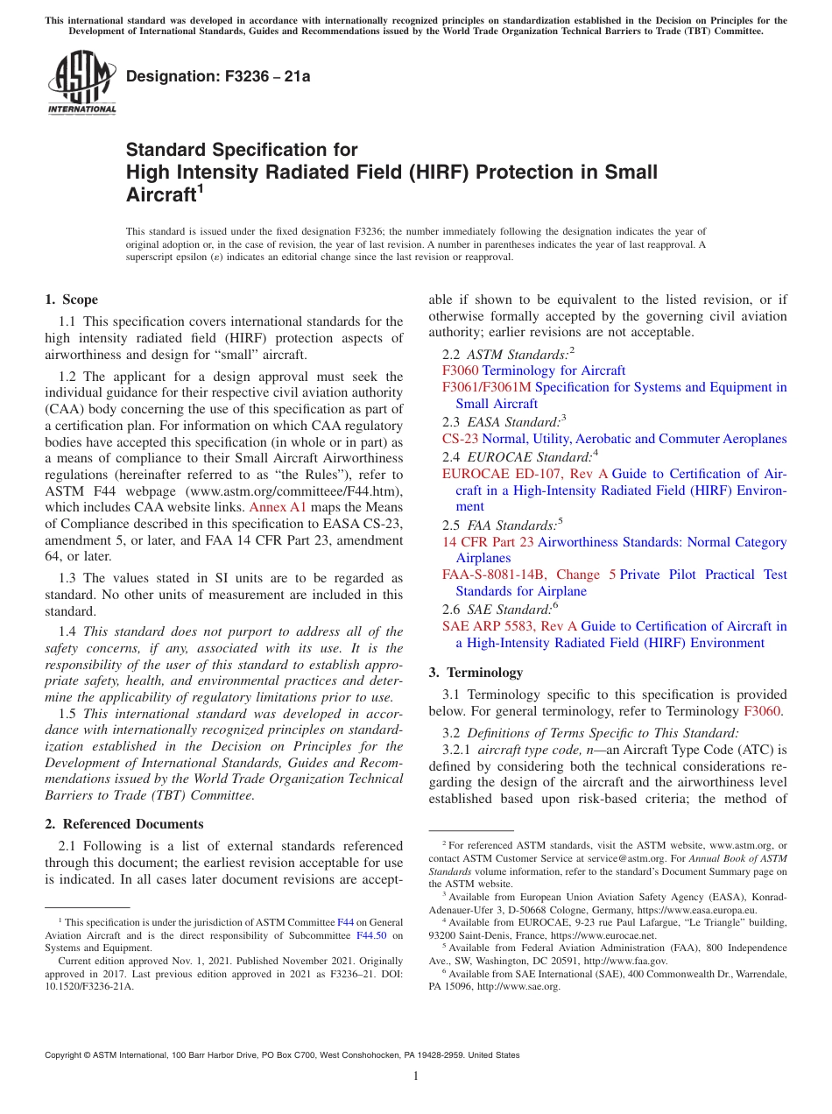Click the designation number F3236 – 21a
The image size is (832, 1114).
pos(218,76)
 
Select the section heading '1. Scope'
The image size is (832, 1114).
pos(71,300)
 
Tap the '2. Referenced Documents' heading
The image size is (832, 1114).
pos(123,824)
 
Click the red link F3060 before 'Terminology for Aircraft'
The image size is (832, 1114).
pos(460,370)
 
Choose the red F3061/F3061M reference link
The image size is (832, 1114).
pos(486,387)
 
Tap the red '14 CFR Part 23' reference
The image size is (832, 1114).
pos(488,542)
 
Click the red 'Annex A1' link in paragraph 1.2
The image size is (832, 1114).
pos(278,507)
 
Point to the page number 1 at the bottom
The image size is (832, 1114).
pos(416,1076)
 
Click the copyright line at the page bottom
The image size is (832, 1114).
pos(282,1056)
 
